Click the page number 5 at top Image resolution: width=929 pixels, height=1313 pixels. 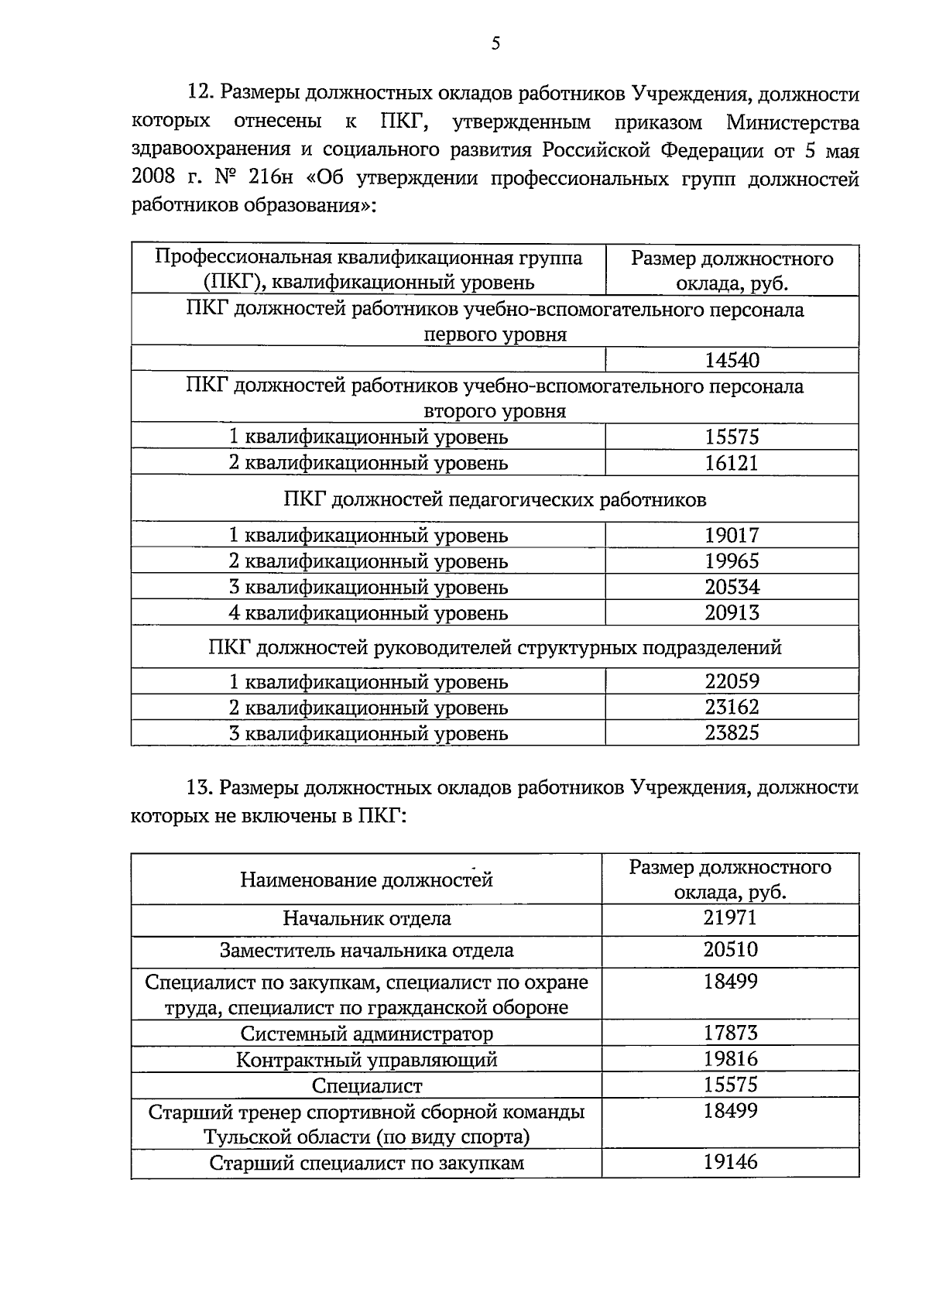click(x=495, y=44)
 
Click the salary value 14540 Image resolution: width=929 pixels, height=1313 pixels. click(x=732, y=360)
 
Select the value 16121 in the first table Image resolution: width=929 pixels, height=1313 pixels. click(x=732, y=463)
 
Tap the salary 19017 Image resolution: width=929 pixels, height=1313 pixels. click(x=732, y=535)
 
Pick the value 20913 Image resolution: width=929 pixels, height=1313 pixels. click(x=732, y=612)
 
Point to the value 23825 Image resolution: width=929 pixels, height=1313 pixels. click(x=732, y=732)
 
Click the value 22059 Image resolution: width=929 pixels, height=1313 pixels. click(x=732, y=681)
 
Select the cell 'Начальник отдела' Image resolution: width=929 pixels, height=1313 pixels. click(x=367, y=919)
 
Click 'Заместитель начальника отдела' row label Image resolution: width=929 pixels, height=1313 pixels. click(x=367, y=950)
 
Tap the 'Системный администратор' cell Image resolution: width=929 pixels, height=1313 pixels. click(x=367, y=1034)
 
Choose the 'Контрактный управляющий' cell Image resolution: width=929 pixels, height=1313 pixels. click(x=367, y=1059)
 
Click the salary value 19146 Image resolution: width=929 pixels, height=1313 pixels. click(x=730, y=1161)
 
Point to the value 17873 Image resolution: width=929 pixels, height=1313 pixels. click(x=730, y=1033)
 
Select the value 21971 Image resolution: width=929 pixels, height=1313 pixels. click(x=730, y=918)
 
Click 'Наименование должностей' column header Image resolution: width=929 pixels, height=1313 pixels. click(x=367, y=879)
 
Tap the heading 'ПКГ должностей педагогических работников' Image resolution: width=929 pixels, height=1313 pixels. click(x=495, y=499)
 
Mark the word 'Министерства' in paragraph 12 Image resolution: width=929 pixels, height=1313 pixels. click(x=793, y=122)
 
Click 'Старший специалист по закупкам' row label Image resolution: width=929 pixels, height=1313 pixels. click(x=367, y=1163)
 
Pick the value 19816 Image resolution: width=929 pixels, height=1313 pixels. click(x=730, y=1058)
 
